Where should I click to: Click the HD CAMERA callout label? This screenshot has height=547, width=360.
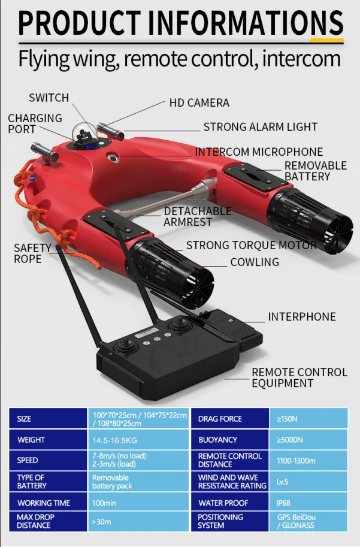[199, 102]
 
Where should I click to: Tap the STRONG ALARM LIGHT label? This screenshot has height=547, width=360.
[261, 126]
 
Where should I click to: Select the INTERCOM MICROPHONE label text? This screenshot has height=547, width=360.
[259, 152]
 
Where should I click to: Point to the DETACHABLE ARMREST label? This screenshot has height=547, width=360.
[198, 216]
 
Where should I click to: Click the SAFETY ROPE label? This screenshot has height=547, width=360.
[32, 253]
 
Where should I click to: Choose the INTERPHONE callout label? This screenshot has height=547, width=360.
[302, 316]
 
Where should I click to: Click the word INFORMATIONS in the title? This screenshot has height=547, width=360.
[246, 23]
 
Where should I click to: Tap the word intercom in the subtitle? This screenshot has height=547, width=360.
[301, 58]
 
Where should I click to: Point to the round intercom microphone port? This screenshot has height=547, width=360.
[113, 158]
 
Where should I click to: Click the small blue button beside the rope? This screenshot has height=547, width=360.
[32, 179]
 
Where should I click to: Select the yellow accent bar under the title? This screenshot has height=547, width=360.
[326, 41]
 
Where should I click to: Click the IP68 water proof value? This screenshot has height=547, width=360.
[283, 503]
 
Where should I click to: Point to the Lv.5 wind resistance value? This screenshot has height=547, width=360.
[282, 482]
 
